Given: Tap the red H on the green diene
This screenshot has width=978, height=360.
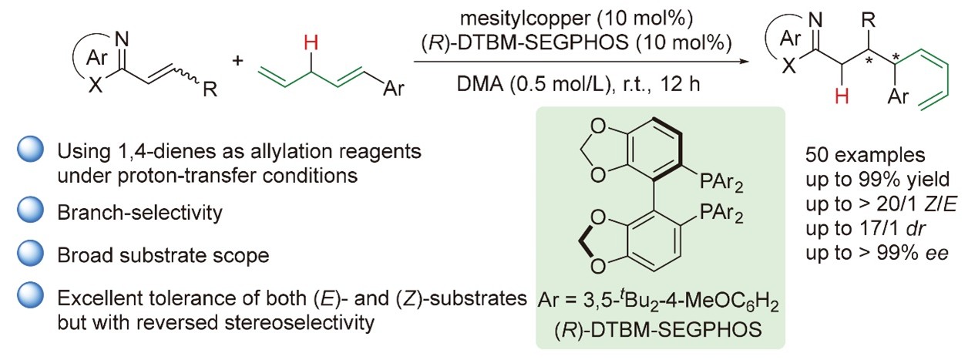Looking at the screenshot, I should tap(310, 45).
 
